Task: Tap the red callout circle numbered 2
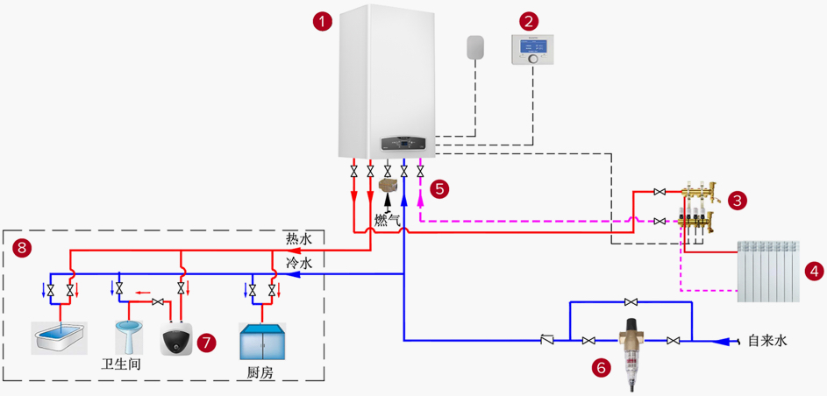tap(528, 19)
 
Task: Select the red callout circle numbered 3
tap(738, 202)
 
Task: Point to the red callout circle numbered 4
tap(816, 271)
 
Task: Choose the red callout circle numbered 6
tap(602, 368)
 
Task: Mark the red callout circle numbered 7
tap(207, 342)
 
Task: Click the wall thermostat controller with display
tap(532, 50)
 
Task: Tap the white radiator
tap(769, 271)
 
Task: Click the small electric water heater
tap(177, 338)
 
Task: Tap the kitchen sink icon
tap(262, 342)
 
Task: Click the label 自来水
tap(766, 341)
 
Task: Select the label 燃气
tap(387, 220)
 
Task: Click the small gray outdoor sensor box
tap(475, 48)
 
